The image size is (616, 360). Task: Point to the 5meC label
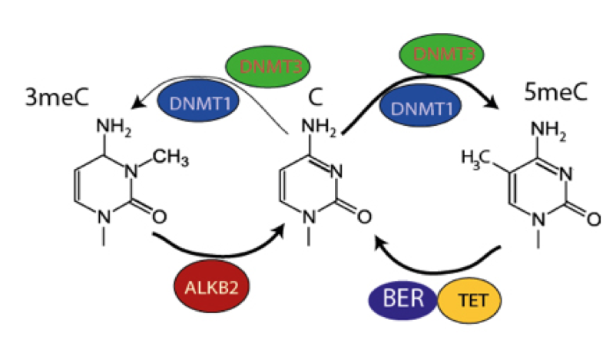(x=554, y=92)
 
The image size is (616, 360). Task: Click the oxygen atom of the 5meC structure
(x=593, y=217)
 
